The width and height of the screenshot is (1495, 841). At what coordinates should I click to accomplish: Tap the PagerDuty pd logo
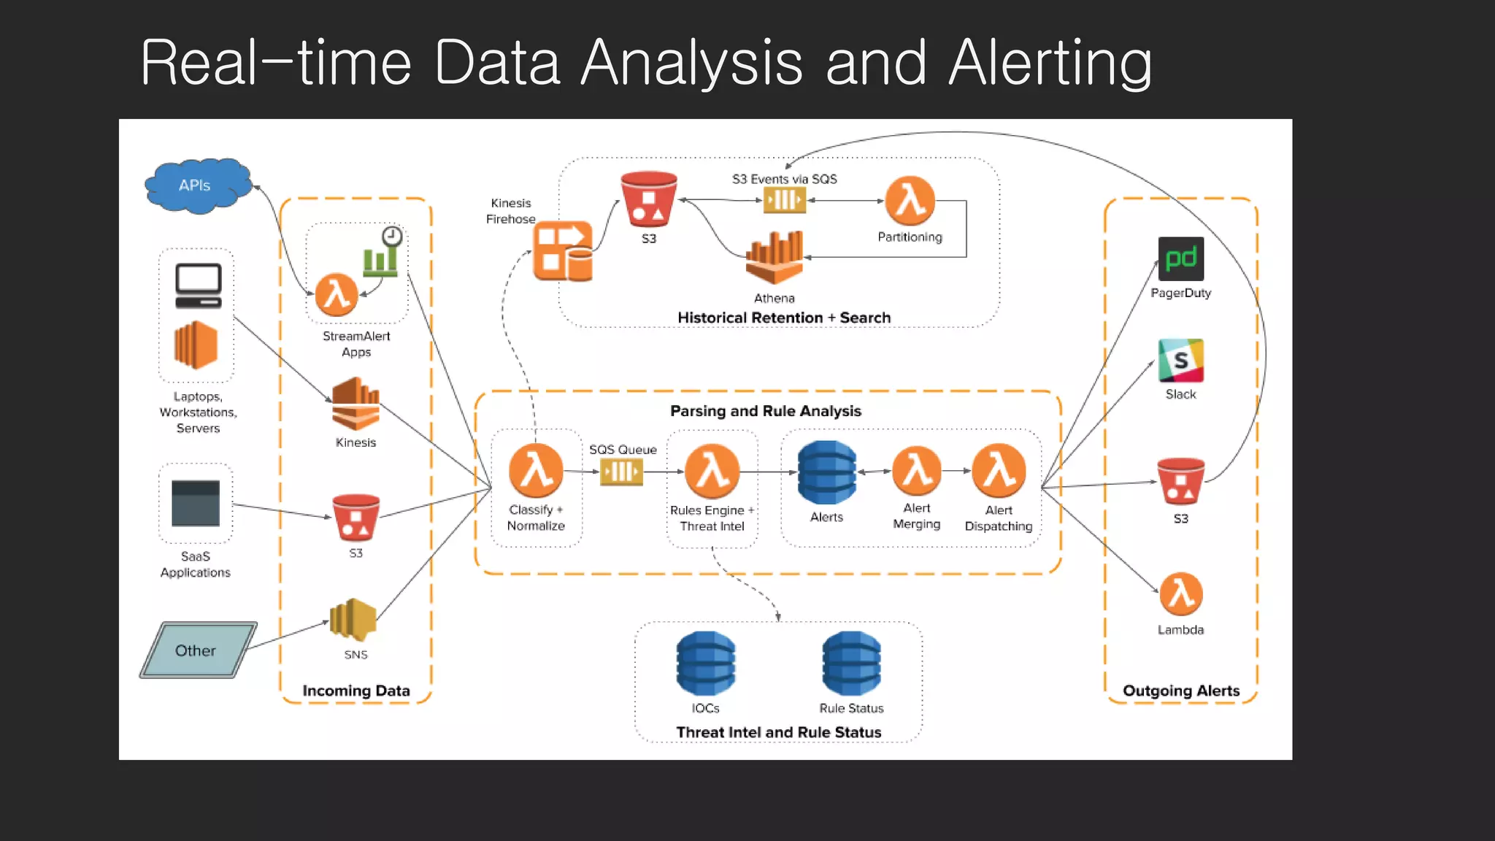(x=1180, y=259)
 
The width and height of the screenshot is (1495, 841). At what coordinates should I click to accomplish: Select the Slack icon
(x=1180, y=361)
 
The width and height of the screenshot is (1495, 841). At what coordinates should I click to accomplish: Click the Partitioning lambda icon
(x=910, y=201)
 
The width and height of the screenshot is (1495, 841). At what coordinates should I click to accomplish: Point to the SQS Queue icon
(x=621, y=472)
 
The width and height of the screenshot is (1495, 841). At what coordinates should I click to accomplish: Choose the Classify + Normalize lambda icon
(x=536, y=471)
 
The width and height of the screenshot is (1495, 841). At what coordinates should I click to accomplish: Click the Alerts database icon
(x=826, y=472)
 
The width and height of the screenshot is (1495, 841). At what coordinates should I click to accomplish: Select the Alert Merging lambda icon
(x=917, y=471)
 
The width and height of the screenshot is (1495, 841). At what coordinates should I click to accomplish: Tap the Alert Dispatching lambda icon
(x=999, y=471)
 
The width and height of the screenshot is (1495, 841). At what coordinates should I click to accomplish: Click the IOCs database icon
(x=705, y=663)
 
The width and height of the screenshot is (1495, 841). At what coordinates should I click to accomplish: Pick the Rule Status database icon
(x=851, y=663)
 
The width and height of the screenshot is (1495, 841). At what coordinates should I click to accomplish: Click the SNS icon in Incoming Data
(x=354, y=621)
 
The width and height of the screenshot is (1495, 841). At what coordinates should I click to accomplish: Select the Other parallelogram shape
(x=197, y=650)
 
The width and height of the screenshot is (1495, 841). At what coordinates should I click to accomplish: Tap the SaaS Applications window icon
(x=196, y=503)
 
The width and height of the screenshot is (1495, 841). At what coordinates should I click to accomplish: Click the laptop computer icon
(x=198, y=285)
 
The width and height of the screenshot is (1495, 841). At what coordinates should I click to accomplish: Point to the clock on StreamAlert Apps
(x=392, y=236)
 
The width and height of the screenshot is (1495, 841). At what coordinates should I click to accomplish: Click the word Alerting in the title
(x=1050, y=64)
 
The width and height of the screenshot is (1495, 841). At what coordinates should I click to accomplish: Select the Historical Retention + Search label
(x=784, y=318)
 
